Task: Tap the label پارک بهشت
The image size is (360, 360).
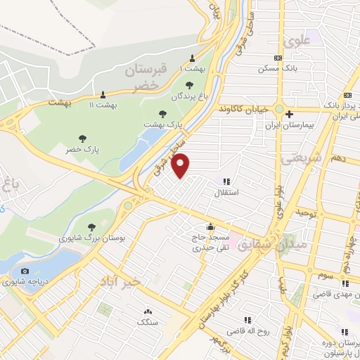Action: [x=164, y=123]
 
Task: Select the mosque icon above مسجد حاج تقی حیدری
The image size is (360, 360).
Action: [x=210, y=226]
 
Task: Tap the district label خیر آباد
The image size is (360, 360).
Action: [x=121, y=281]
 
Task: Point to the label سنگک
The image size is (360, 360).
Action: [x=148, y=321]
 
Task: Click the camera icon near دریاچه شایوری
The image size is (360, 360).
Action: [x=26, y=271]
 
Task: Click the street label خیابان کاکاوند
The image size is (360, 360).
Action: [x=243, y=110]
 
